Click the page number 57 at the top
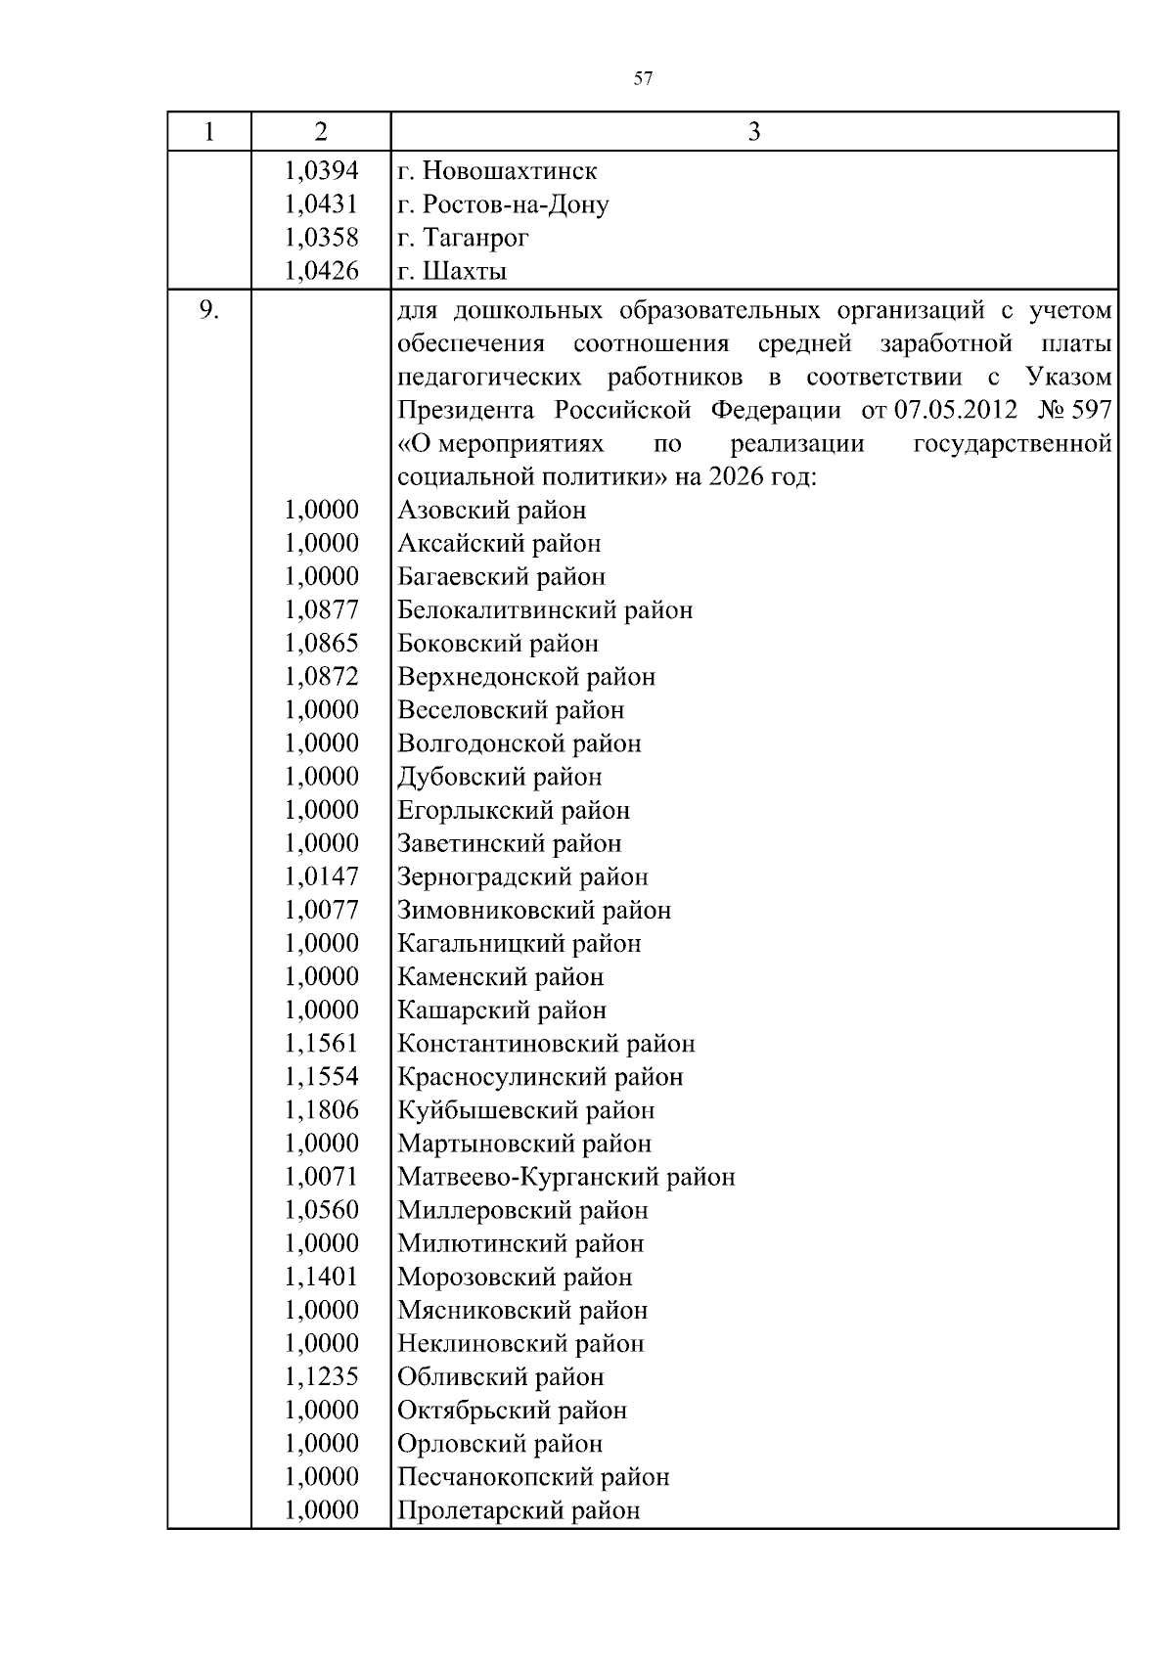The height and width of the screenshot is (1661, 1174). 643,79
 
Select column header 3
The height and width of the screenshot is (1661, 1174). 753,132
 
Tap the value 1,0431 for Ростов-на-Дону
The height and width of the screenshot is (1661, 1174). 321,204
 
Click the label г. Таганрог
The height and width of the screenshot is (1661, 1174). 464,238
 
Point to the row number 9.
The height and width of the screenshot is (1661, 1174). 208,311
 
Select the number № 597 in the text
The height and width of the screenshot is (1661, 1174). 1074,411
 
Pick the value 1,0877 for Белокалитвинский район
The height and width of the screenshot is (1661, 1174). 321,610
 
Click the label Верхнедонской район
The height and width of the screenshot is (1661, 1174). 526,677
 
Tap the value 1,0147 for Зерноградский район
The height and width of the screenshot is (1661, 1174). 321,876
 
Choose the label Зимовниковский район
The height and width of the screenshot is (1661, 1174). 534,911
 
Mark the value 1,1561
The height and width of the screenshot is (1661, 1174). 321,1044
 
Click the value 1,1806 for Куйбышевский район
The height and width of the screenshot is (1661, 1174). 321,1110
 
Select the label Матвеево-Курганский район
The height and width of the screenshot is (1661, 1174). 566,1177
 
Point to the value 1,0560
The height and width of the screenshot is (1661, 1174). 321,1210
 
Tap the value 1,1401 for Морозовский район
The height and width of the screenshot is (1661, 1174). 321,1277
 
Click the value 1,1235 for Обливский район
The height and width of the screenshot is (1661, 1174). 321,1376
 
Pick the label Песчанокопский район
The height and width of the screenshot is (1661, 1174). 533,1477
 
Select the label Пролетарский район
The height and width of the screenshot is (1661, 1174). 519,1510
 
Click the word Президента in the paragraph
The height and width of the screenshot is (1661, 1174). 466,411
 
